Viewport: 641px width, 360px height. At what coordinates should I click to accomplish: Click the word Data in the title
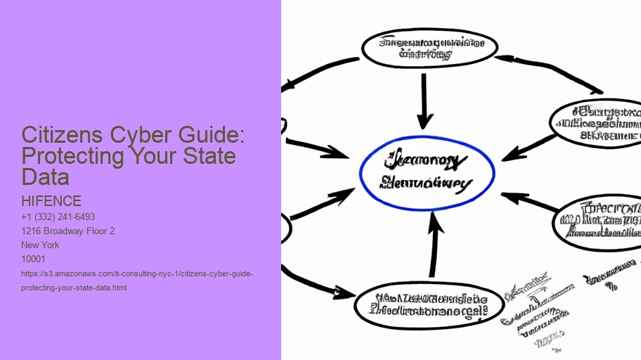45,176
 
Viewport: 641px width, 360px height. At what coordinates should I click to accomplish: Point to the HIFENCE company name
51,202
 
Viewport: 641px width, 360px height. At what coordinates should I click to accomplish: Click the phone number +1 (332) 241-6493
58,217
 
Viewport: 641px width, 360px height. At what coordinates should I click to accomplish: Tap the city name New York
41,245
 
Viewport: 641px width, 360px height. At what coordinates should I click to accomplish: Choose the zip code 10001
34,259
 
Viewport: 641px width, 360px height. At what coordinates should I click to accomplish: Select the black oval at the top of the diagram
429,48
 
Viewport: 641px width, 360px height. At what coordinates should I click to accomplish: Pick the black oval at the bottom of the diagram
429,304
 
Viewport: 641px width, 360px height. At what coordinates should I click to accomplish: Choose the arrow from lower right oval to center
529,202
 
